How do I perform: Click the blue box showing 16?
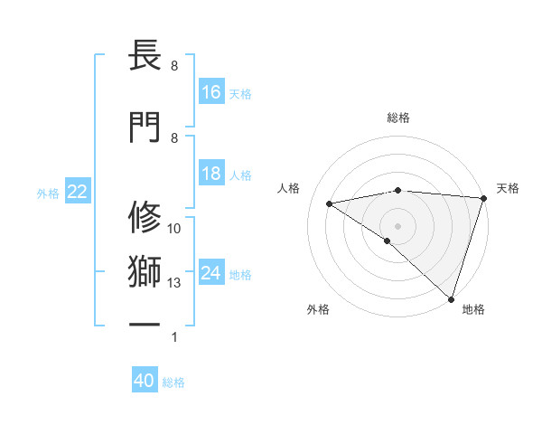(x=211, y=91)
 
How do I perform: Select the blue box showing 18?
(x=211, y=174)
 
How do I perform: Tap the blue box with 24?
(x=211, y=273)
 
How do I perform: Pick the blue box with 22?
(x=77, y=192)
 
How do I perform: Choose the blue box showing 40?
(x=145, y=381)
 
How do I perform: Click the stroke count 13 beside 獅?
(x=174, y=283)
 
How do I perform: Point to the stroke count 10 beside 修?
(x=174, y=229)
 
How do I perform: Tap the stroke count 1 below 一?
(x=174, y=337)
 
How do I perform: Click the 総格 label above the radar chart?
(x=398, y=118)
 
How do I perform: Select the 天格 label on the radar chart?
(x=508, y=188)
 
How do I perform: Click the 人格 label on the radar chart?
(x=289, y=188)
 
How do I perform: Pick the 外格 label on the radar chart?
(x=318, y=309)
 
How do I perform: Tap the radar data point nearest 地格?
(x=452, y=299)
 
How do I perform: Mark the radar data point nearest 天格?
(x=484, y=197)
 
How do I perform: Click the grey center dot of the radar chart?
(x=397, y=225)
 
